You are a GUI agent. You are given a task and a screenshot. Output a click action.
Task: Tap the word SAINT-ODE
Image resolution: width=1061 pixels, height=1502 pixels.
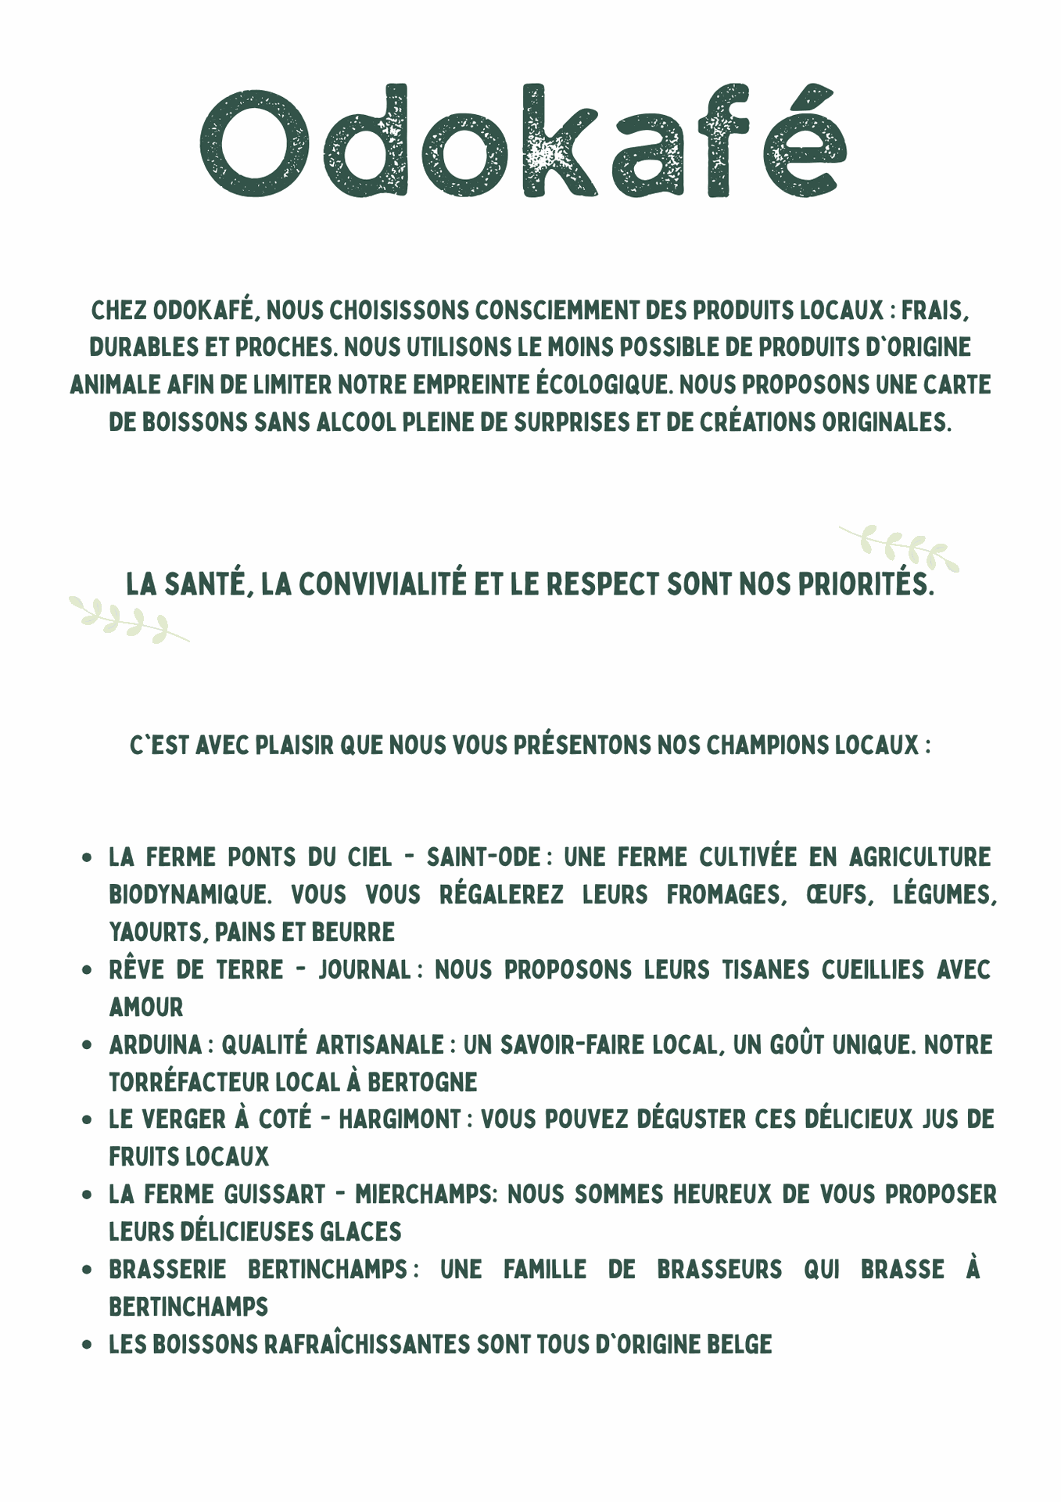[483, 857]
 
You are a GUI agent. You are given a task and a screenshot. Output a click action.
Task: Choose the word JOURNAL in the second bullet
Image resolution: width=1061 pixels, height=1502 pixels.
[364, 969]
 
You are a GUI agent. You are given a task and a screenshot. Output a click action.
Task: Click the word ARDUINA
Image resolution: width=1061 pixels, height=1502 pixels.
[156, 1044]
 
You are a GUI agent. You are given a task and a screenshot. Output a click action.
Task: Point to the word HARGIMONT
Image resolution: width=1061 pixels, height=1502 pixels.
[399, 1119]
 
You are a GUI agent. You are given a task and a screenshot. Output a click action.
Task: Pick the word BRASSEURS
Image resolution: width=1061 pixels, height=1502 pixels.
[719, 1269]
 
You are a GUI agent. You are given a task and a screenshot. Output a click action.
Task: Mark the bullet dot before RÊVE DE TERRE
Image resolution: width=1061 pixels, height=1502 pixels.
[88, 970]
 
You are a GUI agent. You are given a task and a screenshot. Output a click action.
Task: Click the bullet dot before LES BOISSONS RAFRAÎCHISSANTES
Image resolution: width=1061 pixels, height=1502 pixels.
[88, 1345]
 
